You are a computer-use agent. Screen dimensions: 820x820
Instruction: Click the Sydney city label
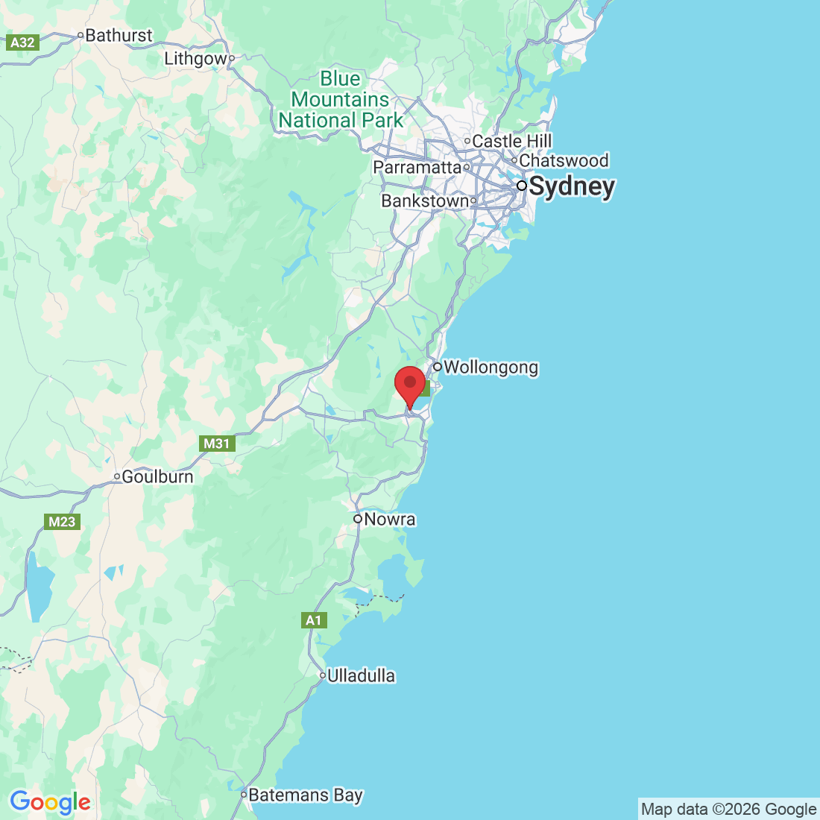pyautogui.click(x=572, y=186)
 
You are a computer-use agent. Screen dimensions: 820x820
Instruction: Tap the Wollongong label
pyautogui.click(x=491, y=368)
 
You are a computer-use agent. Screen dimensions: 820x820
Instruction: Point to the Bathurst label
pyautogui.click(x=119, y=35)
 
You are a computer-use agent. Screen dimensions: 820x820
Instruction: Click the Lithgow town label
pyautogui.click(x=195, y=59)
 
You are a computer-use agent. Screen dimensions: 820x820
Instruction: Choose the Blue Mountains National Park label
pyautogui.click(x=341, y=99)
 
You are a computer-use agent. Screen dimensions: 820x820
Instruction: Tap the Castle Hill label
pyautogui.click(x=512, y=141)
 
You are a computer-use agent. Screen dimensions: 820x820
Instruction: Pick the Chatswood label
pyautogui.click(x=564, y=160)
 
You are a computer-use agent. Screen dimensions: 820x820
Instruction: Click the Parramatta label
pyautogui.click(x=417, y=167)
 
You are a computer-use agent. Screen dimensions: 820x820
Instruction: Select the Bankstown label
pyautogui.click(x=425, y=201)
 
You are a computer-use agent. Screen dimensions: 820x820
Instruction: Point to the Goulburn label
pyautogui.click(x=157, y=476)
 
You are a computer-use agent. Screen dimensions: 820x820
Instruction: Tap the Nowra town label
pyautogui.click(x=390, y=519)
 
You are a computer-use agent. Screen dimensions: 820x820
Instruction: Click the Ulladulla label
pyautogui.click(x=361, y=676)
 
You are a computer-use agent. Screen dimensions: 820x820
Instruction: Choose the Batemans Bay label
pyautogui.click(x=306, y=795)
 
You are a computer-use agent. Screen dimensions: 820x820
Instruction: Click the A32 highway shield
pyautogui.click(x=22, y=42)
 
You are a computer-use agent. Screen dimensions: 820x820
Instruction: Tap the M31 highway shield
pyautogui.click(x=217, y=444)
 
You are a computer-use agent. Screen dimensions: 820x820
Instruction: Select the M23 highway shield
pyautogui.click(x=62, y=522)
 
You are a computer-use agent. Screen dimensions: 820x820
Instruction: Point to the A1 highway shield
pyautogui.click(x=314, y=620)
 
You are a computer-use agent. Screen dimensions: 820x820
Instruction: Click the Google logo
pyautogui.click(x=50, y=802)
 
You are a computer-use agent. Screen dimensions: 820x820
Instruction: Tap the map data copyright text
pyautogui.click(x=728, y=810)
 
